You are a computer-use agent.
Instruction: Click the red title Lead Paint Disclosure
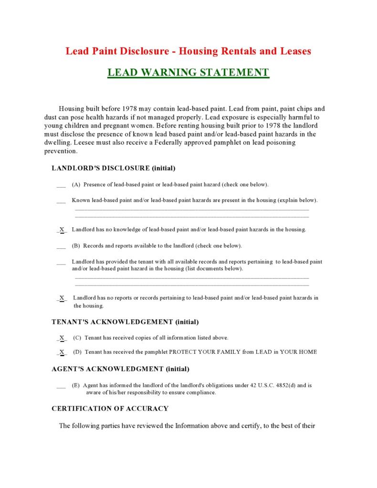point(188,51)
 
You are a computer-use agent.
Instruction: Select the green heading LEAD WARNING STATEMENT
point(188,73)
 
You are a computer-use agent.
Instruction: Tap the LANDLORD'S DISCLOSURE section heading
point(114,169)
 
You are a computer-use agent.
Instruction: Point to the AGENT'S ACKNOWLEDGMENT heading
point(120,369)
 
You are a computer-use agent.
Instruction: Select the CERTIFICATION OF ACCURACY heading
point(110,408)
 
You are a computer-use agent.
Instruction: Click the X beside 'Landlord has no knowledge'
point(62,230)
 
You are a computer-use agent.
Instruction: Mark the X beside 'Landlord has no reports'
point(62,298)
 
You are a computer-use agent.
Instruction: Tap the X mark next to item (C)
point(62,338)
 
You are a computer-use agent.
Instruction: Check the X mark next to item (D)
point(62,352)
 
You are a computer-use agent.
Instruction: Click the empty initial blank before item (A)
point(61,185)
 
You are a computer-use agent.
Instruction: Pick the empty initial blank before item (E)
point(61,386)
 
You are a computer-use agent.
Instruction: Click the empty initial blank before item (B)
point(61,247)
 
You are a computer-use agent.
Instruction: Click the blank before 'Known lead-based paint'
point(61,201)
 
